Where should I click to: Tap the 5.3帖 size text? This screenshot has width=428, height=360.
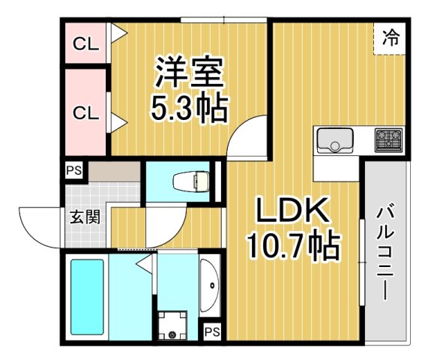coord(189,109)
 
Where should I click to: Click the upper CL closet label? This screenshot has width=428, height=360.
coord(85,44)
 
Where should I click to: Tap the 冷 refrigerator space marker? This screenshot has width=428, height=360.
coord(391,37)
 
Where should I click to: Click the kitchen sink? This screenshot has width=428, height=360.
coord(335,140)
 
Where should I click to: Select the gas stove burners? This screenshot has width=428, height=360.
coord(388,139)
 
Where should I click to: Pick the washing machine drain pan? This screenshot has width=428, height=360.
coord(174,327)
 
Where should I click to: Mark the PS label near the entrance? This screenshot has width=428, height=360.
coord(73,170)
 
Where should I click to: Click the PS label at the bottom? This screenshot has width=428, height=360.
coord(212,331)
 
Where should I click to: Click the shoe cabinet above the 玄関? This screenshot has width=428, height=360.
coord(113,170)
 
